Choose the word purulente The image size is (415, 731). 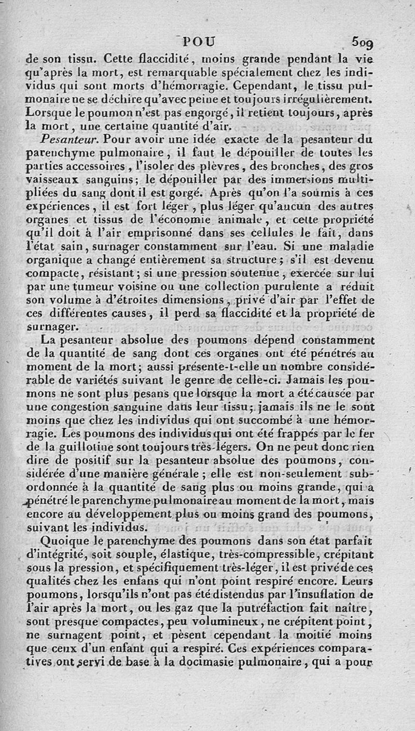tap(292, 286)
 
